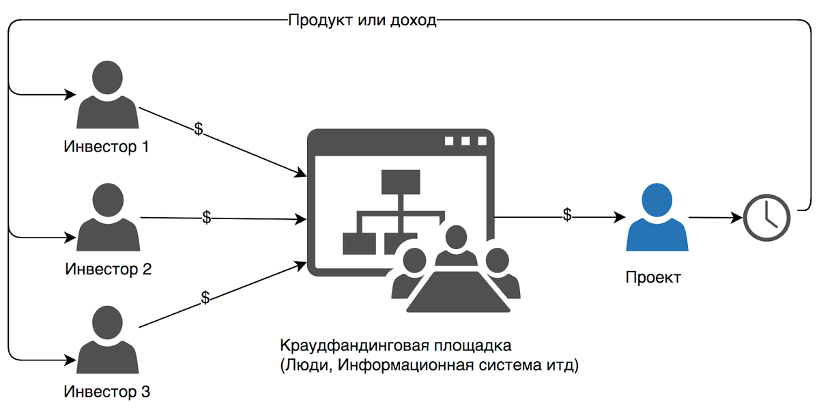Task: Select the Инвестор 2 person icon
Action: point(109,218)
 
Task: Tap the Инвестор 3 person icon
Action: point(109,340)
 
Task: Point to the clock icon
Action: point(766,218)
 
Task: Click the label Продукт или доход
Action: point(362,19)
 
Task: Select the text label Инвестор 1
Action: point(106,147)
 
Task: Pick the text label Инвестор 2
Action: point(108,269)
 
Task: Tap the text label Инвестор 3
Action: point(106,392)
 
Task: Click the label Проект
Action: point(652,278)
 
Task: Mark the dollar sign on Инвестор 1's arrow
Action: point(199,129)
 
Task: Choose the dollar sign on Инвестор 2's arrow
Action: point(207,217)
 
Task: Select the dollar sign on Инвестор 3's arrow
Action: point(205,298)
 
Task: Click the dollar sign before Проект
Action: point(567,214)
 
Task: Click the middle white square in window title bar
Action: point(465,141)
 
